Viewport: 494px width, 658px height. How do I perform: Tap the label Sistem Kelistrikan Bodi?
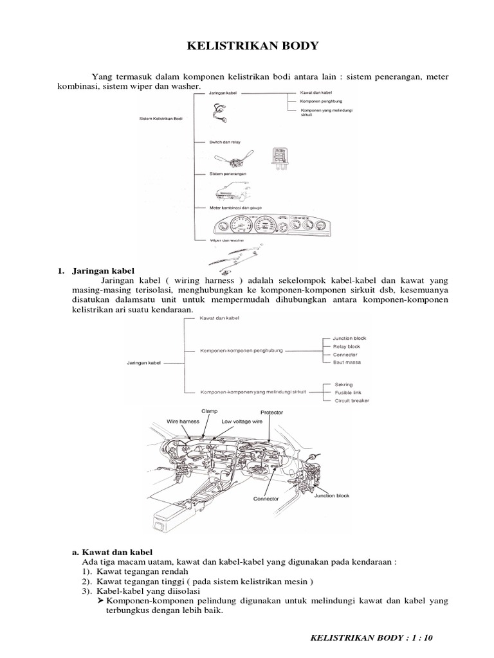click(161, 118)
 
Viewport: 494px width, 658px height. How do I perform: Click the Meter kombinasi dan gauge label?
click(236, 208)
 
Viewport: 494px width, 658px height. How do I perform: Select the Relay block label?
click(346, 346)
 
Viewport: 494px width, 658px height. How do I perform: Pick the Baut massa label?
click(347, 362)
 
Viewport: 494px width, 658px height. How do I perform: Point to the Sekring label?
click(343, 384)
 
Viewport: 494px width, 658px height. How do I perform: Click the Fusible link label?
click(347, 393)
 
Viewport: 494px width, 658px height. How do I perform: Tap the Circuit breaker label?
click(351, 401)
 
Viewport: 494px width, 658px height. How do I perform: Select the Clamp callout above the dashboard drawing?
click(210, 411)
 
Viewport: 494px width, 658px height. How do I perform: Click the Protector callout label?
click(271, 412)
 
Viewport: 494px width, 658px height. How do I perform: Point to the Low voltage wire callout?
click(242, 422)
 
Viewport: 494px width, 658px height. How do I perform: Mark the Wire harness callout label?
click(183, 422)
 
